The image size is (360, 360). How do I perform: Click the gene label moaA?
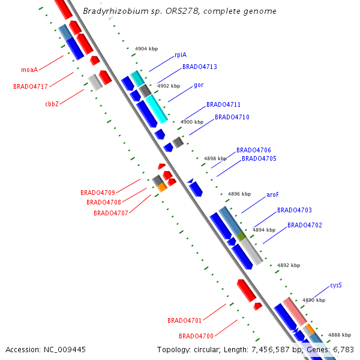tap(29, 70)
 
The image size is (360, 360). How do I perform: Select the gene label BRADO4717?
tap(30, 86)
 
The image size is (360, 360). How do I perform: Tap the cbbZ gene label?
tap(52, 104)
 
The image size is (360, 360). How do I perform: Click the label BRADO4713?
tap(200, 67)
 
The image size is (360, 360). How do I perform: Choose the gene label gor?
tap(199, 85)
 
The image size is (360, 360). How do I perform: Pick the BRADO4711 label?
tap(224, 104)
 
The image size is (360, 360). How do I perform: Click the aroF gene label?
tap(272, 194)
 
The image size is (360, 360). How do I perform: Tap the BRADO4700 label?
tap(196, 335)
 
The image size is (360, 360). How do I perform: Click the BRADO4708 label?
tap(104, 202)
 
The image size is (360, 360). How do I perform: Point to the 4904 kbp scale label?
tap(146, 48)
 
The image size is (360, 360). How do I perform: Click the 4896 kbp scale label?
tap(239, 194)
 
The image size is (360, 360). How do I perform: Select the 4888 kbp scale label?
tap(339, 335)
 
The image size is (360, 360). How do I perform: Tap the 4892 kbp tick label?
tap(289, 265)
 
